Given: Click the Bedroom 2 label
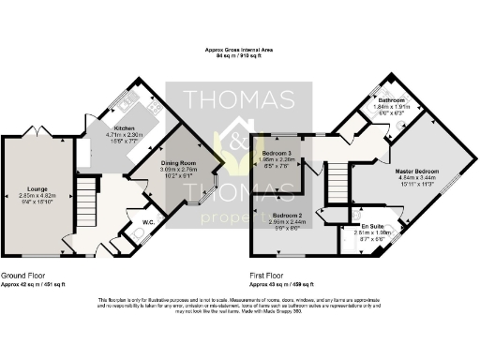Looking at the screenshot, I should (285, 216).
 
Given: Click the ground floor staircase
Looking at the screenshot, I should (87, 200).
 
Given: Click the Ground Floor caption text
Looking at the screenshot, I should (21, 275).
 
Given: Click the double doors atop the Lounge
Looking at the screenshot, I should (38, 135).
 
